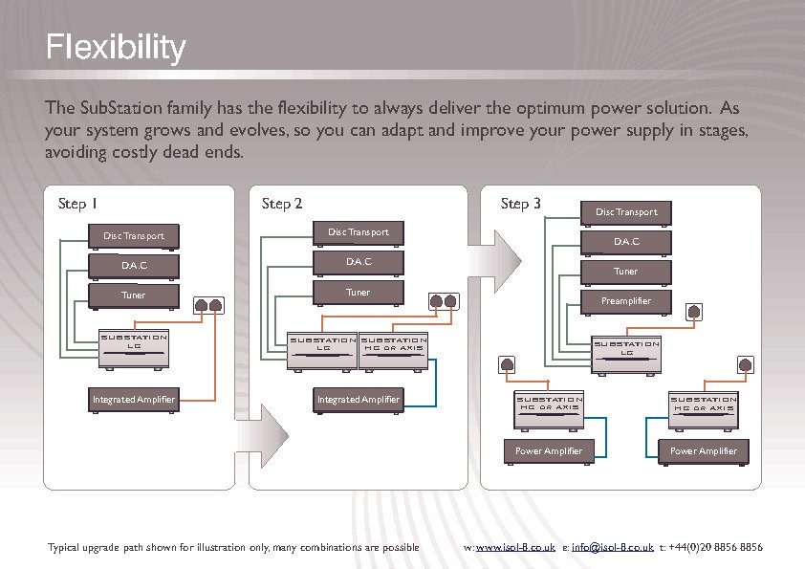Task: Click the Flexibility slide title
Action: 116,47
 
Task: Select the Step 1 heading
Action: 77,204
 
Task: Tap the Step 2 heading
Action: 282,204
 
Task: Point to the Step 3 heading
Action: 521,204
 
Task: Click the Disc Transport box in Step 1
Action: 133,236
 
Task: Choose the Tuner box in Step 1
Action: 133,295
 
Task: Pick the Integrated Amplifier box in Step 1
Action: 133,399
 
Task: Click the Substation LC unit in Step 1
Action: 134,343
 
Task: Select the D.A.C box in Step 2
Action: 359,262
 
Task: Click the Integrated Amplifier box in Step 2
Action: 359,399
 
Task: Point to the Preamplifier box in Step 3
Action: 626,301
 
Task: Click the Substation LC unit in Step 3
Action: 626,351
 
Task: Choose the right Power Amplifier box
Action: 704,450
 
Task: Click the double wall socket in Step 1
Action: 208,306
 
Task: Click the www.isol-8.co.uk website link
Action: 515,548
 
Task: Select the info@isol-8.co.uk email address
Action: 612,548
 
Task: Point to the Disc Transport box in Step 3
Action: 626,212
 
